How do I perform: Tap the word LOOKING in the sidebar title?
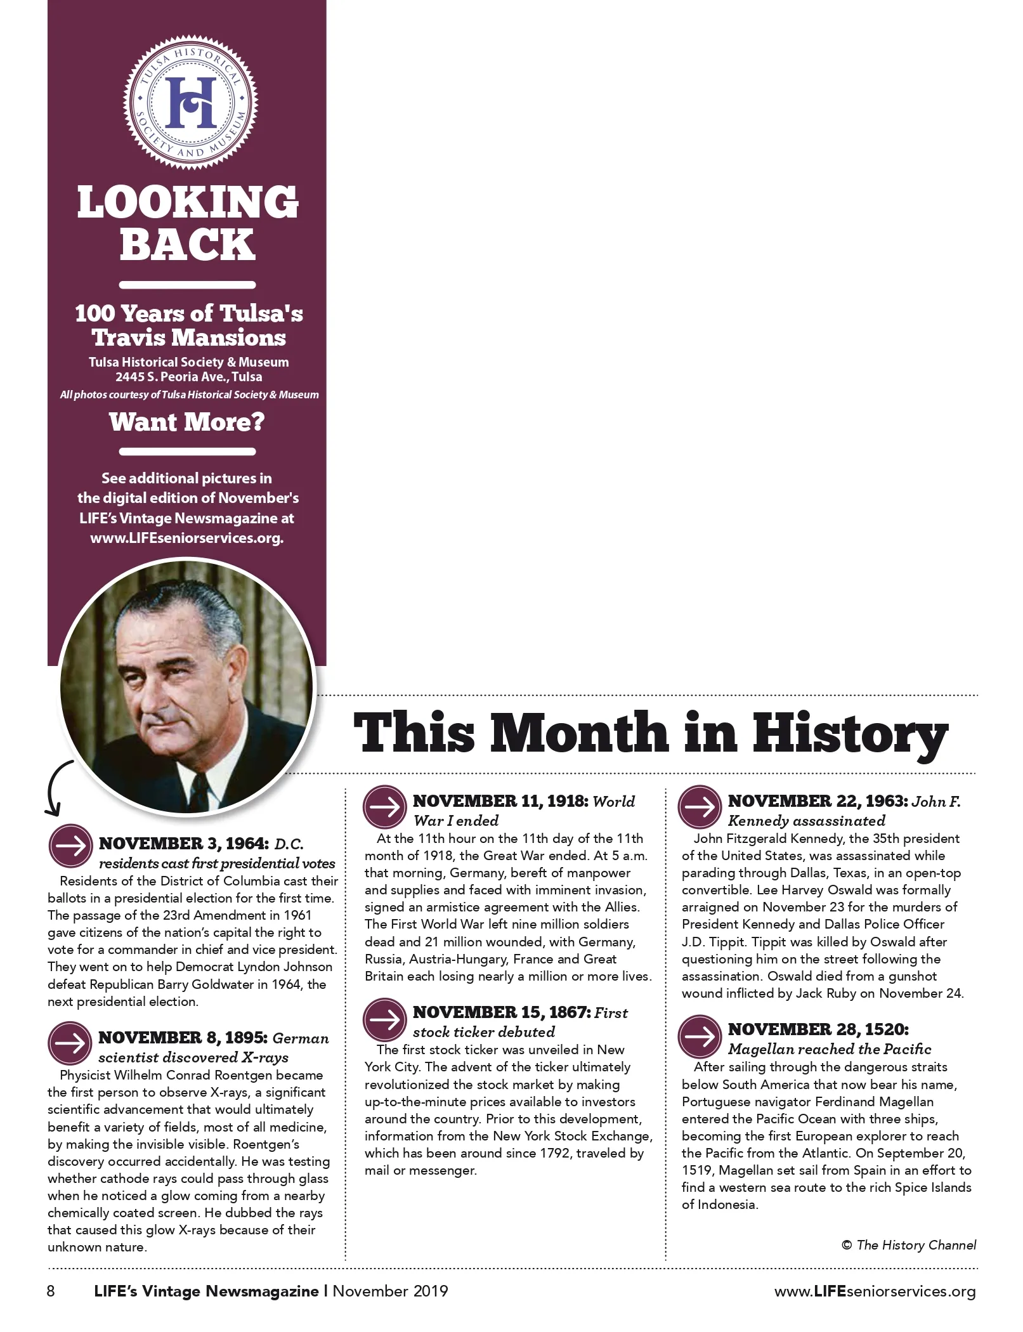click(x=188, y=203)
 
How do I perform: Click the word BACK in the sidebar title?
click(x=188, y=244)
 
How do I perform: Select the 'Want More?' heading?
click(x=187, y=422)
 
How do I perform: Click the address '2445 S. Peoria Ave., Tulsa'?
click(x=188, y=377)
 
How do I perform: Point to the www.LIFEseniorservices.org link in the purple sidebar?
click(x=187, y=539)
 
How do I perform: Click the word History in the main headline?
click(x=850, y=734)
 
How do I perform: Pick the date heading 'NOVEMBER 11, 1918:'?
click(x=500, y=801)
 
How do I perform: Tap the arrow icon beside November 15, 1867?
click(x=384, y=1019)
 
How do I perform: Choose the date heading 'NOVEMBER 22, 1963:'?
click(x=817, y=801)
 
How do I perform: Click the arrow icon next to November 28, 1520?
click(x=700, y=1036)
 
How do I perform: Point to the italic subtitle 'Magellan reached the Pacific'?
click(x=830, y=1049)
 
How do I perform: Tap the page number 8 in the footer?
click(x=51, y=1291)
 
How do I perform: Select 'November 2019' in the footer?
click(x=390, y=1291)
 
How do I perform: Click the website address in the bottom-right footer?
click(x=875, y=1291)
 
